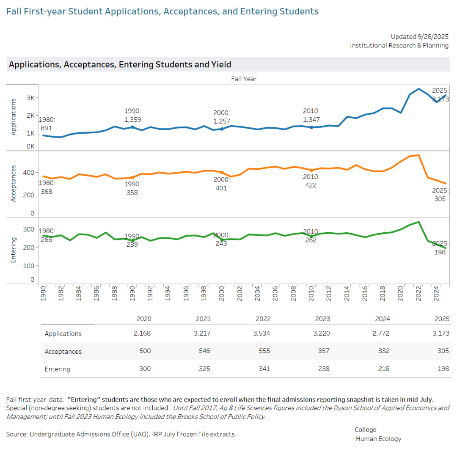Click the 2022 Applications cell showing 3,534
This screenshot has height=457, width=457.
click(262, 333)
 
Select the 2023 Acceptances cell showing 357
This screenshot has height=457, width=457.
click(323, 351)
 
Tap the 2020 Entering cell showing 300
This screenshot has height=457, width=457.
click(144, 369)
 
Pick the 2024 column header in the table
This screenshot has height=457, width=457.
click(383, 319)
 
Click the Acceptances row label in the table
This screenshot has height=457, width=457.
click(63, 351)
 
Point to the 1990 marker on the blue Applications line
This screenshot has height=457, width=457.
click(132, 127)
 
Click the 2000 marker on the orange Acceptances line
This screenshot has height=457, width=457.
click(222, 173)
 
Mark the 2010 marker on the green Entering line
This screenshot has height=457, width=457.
click(311, 237)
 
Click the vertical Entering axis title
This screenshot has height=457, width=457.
click(13, 250)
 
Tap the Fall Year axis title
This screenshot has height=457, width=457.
click(244, 79)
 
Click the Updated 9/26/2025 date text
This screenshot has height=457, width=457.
click(419, 36)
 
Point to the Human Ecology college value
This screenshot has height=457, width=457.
click(378, 439)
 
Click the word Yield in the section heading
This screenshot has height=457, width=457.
click(221, 65)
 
